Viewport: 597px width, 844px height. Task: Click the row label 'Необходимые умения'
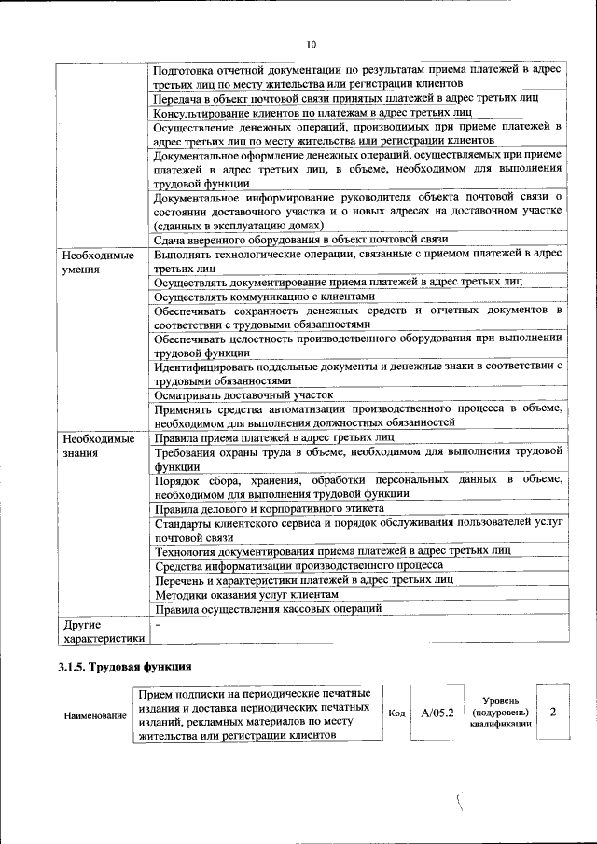point(94,261)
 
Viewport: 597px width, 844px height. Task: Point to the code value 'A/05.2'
point(437,713)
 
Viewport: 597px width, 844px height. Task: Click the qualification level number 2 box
point(553,713)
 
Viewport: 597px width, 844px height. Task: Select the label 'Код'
point(396,713)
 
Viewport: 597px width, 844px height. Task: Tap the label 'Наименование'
point(95,715)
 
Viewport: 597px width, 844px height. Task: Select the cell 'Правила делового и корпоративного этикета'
point(269,509)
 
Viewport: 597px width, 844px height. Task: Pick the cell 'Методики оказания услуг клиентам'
point(246,594)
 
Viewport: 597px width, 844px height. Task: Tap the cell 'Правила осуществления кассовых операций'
point(269,608)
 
